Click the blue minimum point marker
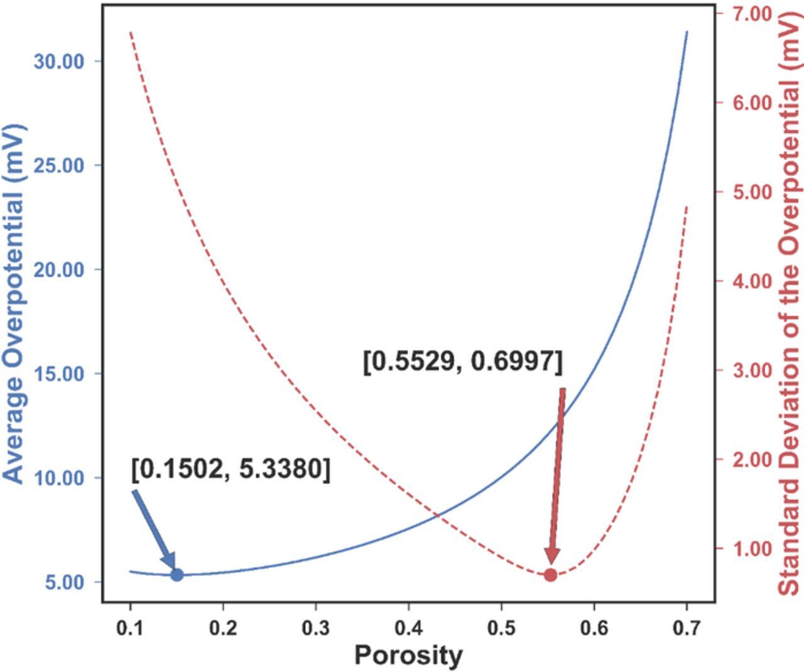tap(177, 574)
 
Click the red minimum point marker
tap(550, 575)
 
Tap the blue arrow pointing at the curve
tap(154, 528)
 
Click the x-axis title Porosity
tap(408, 655)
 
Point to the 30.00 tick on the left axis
tap(65, 62)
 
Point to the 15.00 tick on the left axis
tap(65, 374)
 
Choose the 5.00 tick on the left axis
tap(65, 582)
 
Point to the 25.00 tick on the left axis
tap(65, 165)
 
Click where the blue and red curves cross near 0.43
tap(436, 516)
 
